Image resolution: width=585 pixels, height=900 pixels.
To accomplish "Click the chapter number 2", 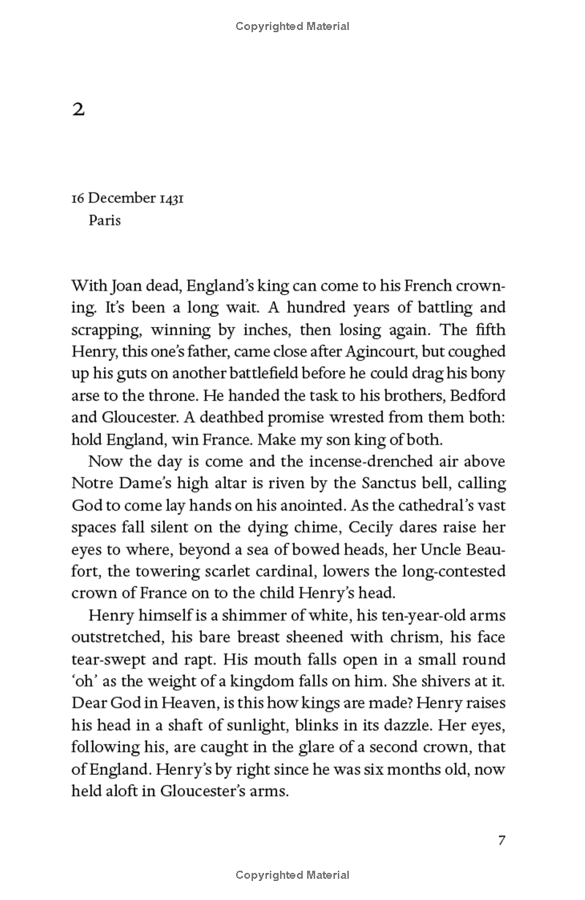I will [x=78, y=110].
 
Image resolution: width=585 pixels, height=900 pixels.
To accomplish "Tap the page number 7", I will [x=502, y=840].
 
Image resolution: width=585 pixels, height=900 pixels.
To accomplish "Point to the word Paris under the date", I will [x=105, y=220].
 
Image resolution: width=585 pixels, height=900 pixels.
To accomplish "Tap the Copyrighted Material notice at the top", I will [x=292, y=26].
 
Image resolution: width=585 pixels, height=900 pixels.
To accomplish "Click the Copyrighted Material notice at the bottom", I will [x=292, y=875].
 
